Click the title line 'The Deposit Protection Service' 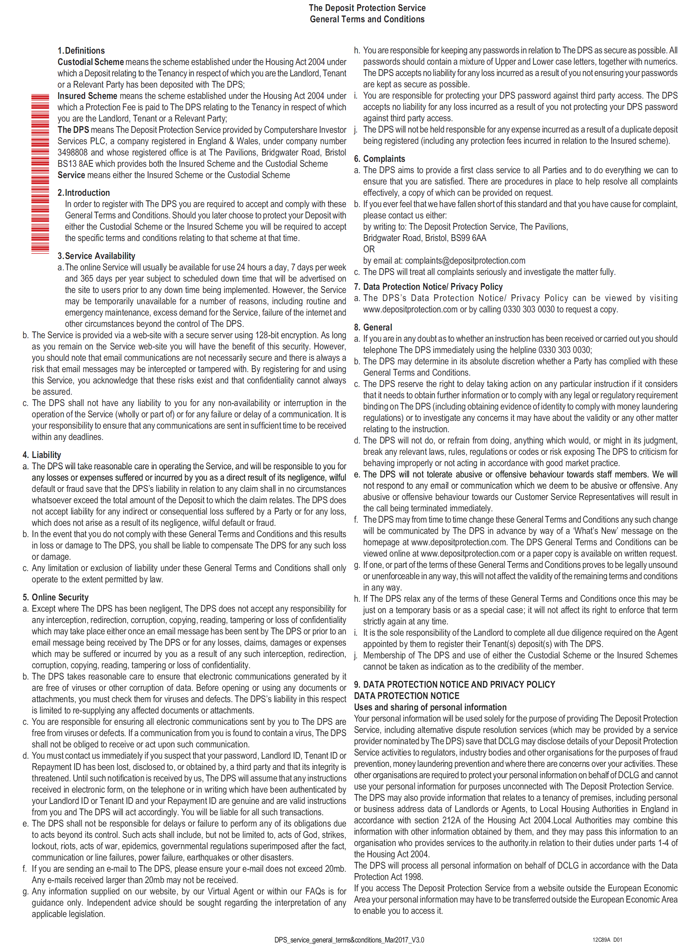pyautogui.click(x=367, y=8)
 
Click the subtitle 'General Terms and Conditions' pyautogui.click(x=367, y=19)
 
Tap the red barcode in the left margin pyautogui.click(x=40, y=174)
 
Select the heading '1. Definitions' pyautogui.click(x=81, y=51)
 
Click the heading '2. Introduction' pyautogui.click(x=83, y=193)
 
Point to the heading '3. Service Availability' pyautogui.click(x=96, y=256)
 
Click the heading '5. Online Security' pyautogui.click(x=55, y=597)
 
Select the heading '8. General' pyautogui.click(x=373, y=328)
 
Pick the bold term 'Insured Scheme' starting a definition pyautogui.click(x=87, y=96)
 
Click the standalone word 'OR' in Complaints pyautogui.click(x=369, y=249)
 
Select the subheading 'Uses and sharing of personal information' pyautogui.click(x=430, y=707)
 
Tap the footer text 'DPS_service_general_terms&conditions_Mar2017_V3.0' pyautogui.click(x=349, y=940)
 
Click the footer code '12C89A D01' pyautogui.click(x=607, y=940)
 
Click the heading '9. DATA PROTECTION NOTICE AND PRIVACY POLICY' pyautogui.click(x=454, y=684)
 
